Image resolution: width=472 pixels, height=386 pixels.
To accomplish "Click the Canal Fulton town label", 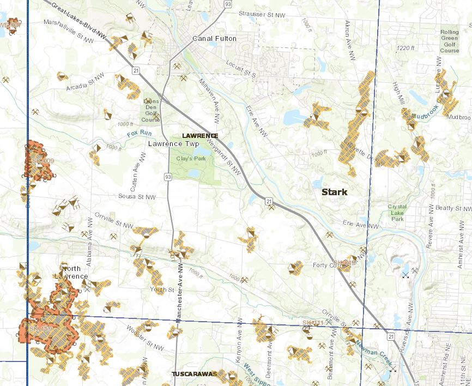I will [214, 38].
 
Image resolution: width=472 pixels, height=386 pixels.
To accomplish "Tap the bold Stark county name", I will [334, 192].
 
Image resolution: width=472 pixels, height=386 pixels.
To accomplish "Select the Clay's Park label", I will [185, 158].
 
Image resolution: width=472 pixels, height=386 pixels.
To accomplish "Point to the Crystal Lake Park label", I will [396, 213].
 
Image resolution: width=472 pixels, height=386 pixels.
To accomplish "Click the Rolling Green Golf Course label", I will [450, 41].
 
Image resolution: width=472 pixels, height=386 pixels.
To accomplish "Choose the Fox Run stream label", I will [138, 132].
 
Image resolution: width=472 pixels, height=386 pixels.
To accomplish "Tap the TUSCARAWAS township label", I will [194, 374].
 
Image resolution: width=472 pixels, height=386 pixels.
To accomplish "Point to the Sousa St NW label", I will [137, 197].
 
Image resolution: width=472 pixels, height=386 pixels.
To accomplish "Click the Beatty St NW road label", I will [453, 208].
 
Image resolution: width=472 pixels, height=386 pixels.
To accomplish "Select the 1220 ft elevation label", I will [406, 49].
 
